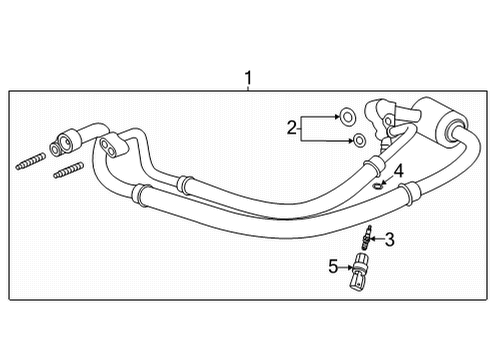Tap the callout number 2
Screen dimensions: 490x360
pos(291,127)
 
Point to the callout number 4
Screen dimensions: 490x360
pos(397,172)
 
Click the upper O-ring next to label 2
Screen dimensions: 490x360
pos(345,116)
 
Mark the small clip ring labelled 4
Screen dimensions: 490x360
pos(377,184)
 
